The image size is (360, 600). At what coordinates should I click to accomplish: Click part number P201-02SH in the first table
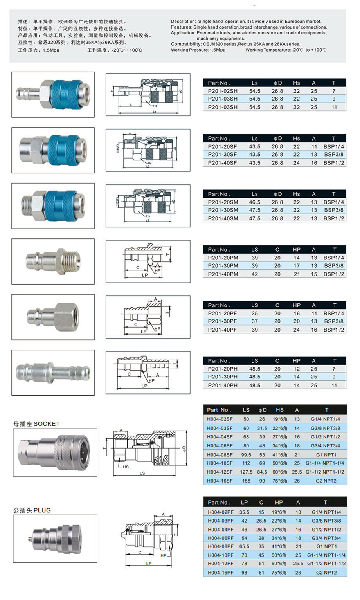click(223, 91)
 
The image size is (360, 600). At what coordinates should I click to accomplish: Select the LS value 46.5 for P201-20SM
click(255, 202)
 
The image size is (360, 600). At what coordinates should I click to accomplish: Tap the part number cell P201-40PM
click(223, 274)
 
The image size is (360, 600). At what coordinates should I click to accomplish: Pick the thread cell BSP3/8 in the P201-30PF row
click(333, 321)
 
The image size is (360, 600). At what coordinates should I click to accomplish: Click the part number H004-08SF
click(220, 455)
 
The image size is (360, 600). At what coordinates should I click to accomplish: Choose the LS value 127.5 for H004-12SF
click(246, 472)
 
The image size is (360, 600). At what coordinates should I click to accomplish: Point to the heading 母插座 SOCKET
click(36, 424)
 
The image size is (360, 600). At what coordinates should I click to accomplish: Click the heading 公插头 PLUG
click(32, 510)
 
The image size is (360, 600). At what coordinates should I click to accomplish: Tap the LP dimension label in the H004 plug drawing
click(149, 564)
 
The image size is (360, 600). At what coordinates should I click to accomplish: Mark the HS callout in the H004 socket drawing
click(126, 467)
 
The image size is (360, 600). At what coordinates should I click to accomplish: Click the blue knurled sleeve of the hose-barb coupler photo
click(65, 94)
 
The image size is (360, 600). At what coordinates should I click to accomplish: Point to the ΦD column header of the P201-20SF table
click(277, 139)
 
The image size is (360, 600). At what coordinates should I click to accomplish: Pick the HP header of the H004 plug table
click(279, 502)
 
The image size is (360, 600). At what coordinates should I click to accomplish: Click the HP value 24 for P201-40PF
click(296, 330)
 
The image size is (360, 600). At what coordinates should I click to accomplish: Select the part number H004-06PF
click(220, 538)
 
